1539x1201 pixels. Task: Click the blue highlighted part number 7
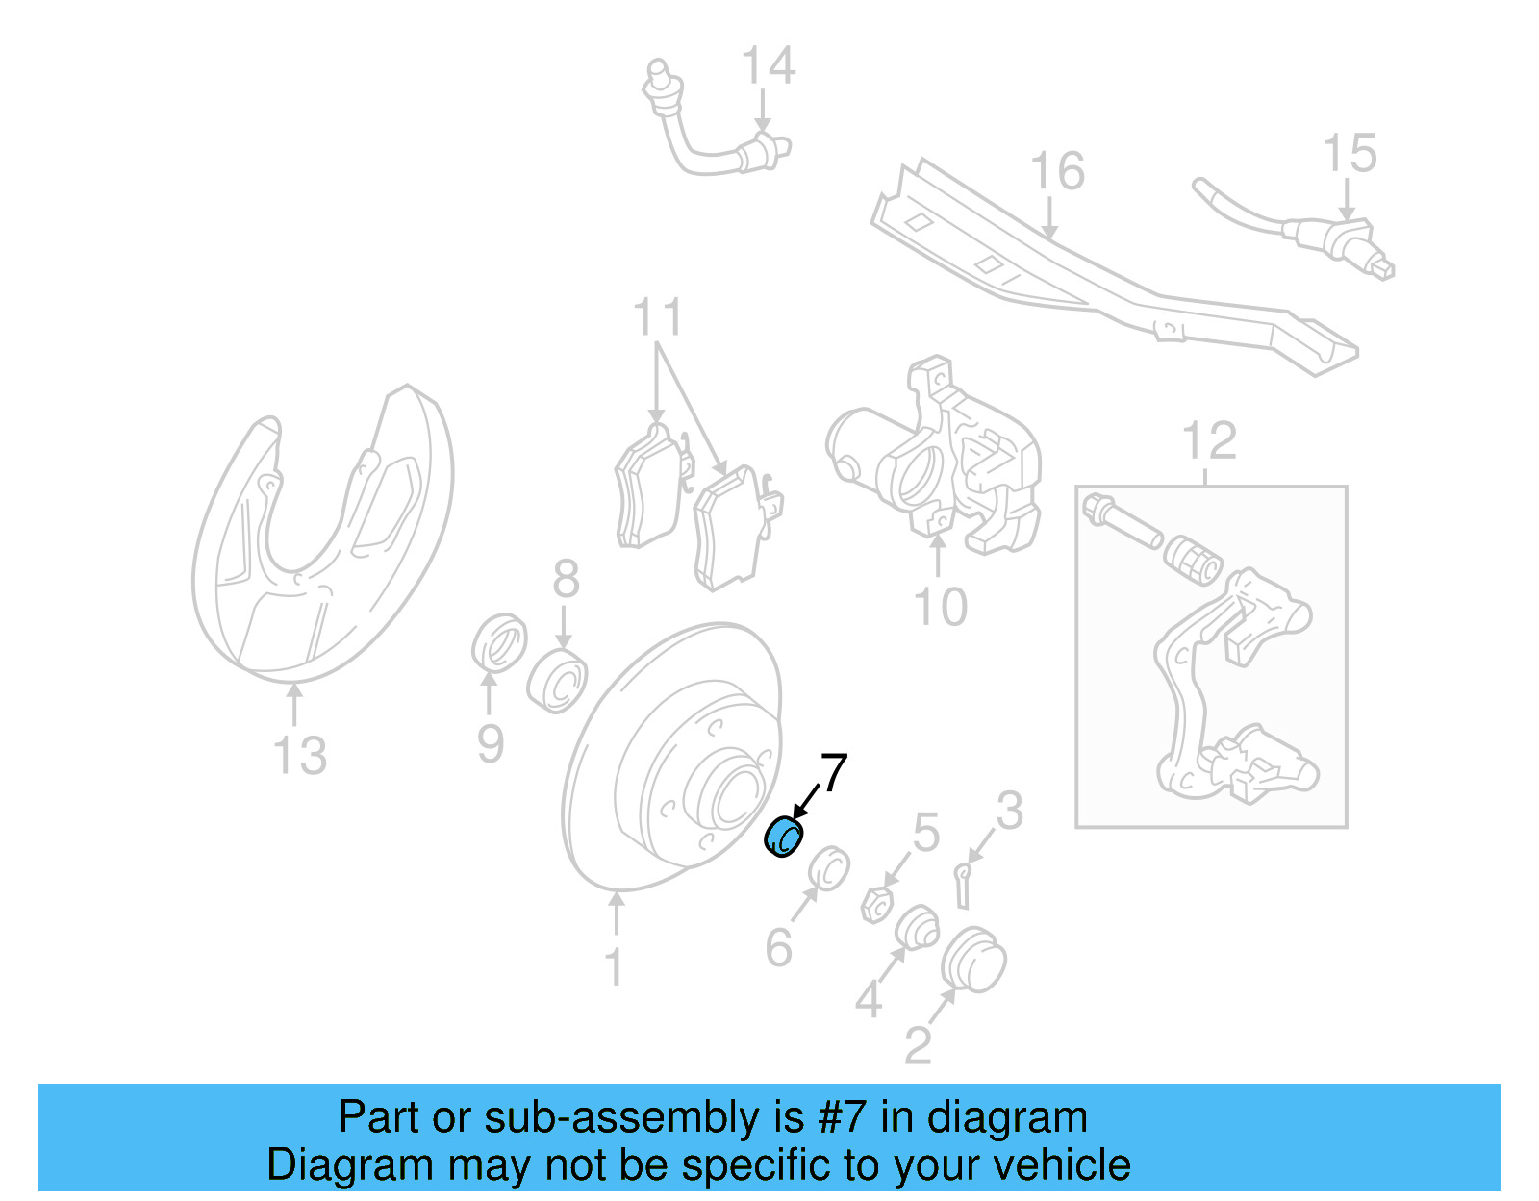point(784,837)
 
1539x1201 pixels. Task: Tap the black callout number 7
point(833,773)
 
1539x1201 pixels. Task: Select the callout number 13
point(300,756)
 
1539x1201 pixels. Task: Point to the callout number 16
point(1057,172)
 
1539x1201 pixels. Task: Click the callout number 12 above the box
point(1209,441)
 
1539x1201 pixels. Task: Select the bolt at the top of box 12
point(1121,520)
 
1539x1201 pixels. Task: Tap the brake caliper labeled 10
point(938,462)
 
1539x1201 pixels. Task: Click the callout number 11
point(658,317)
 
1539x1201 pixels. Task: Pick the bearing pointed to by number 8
point(558,680)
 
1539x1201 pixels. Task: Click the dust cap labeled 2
point(973,962)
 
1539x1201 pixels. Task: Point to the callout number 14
point(769,66)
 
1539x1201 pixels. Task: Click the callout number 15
point(1350,154)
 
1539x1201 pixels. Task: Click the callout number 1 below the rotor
point(615,967)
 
